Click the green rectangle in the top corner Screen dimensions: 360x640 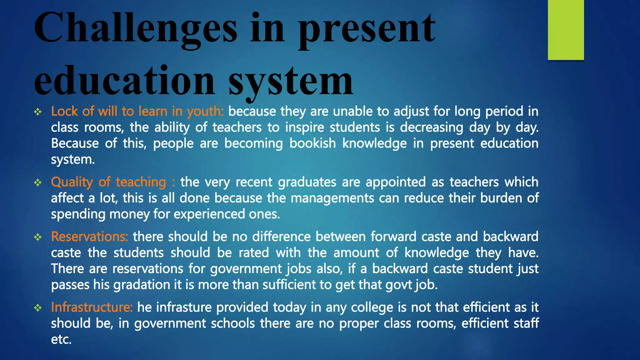(x=566, y=30)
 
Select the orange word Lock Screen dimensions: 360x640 (x=64, y=111)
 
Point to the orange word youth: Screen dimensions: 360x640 (x=205, y=111)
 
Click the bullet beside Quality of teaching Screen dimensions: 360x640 (x=38, y=182)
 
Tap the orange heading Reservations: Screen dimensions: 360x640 (x=90, y=237)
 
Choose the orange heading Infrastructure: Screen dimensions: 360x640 (x=92, y=307)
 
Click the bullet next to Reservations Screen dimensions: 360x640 (x=38, y=237)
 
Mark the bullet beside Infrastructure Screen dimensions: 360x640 (x=38, y=308)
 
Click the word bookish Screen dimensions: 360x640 (x=312, y=143)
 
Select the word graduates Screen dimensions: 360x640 (x=307, y=182)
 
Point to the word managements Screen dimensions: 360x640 (x=332, y=198)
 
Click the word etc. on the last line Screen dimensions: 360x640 (x=61, y=340)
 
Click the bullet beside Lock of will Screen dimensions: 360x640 (x=38, y=112)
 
